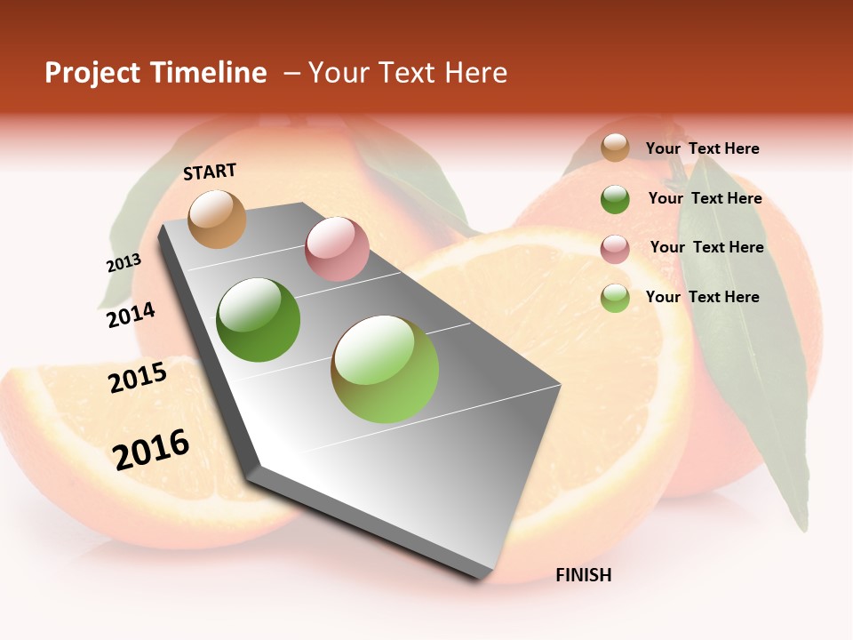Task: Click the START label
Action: tap(210, 172)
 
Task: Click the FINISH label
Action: tap(583, 575)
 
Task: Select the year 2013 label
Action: tap(124, 263)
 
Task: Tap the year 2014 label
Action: tap(131, 315)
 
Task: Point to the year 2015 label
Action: tap(137, 377)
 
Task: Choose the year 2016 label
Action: tap(151, 450)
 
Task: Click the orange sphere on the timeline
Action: tap(217, 219)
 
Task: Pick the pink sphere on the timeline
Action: tap(336, 249)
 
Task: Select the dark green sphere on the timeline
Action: tap(258, 320)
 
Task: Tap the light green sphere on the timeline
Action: tap(385, 369)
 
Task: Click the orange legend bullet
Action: tap(615, 148)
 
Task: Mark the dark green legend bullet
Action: tap(615, 199)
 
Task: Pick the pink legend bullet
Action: tap(615, 249)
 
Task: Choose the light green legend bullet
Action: tap(615, 298)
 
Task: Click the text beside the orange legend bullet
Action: tap(702, 148)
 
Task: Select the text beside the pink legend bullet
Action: tap(706, 247)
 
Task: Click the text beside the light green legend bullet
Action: tap(702, 297)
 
